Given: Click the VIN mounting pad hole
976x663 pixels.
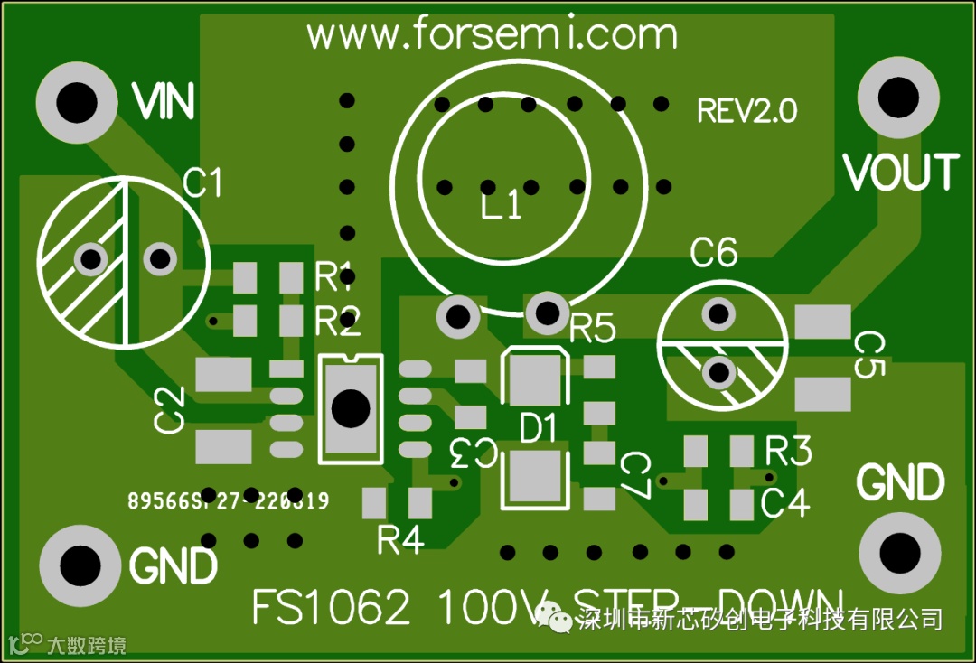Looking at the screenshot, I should [77, 102].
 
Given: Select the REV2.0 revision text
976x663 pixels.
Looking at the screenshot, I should [746, 111].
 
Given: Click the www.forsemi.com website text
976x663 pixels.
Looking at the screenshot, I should [492, 36].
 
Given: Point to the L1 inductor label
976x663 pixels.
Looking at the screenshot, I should [501, 209].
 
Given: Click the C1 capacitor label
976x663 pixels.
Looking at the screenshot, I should [202, 184].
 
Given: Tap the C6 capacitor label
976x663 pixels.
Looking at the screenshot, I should [714, 254].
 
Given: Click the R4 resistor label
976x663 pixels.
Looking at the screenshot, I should [399, 540].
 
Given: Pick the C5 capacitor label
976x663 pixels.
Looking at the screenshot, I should [869, 354].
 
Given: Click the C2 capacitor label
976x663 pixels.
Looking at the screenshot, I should [169, 408].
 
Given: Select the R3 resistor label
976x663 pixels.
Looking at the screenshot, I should [788, 451].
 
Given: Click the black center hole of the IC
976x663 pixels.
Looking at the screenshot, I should [351, 407].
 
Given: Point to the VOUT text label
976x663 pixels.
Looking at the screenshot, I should [901, 173].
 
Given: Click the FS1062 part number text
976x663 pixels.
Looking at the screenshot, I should [331, 608].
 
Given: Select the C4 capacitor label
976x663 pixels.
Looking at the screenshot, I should [785, 503].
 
